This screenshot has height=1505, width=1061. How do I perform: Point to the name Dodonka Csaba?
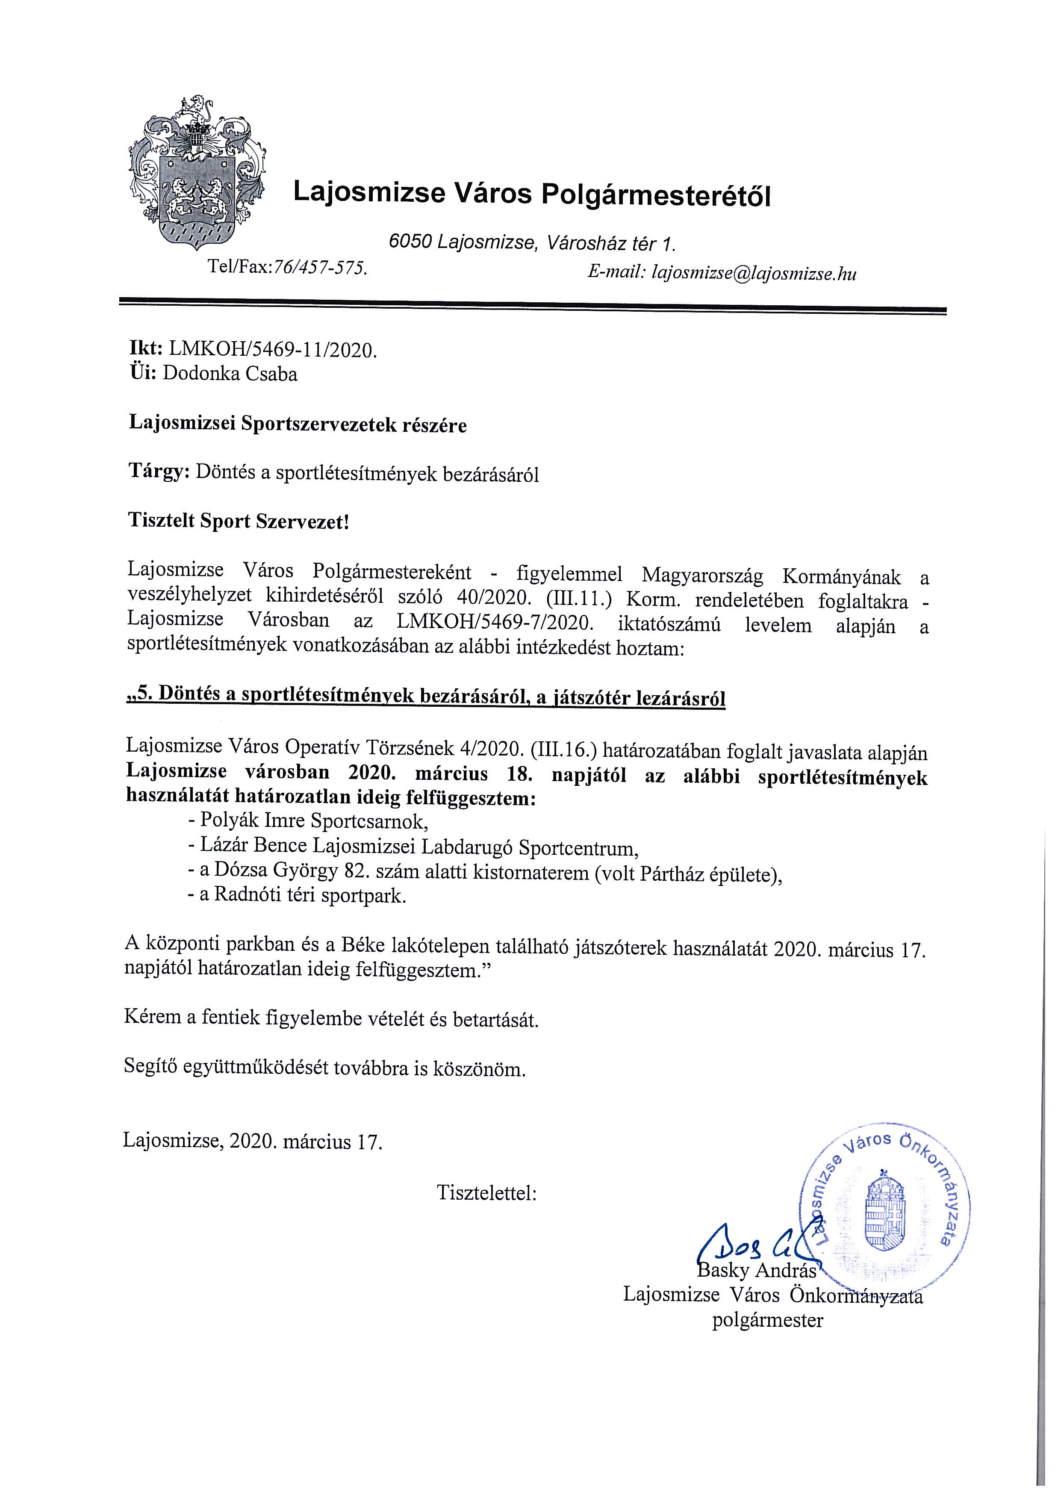coord(230,374)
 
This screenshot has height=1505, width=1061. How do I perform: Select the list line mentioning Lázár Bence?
coord(419,848)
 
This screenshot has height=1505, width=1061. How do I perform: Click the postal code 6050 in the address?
coord(410,242)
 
